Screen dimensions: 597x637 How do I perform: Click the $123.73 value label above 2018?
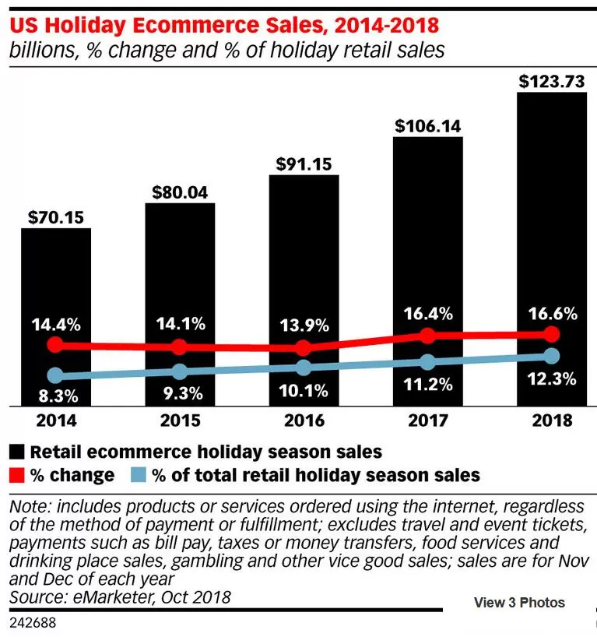coord(552,81)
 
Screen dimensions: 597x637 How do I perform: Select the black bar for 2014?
coord(56,317)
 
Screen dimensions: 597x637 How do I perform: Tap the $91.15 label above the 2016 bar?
coord(304,164)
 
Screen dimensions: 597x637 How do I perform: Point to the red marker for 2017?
coord(427,336)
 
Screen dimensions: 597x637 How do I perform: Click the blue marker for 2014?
coord(55,375)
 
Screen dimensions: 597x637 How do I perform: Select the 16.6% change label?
coord(553,314)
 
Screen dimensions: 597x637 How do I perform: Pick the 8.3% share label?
coord(58,396)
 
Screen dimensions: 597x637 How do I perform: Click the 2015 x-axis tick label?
coord(180,421)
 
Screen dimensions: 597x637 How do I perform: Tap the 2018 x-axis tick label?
coord(552,421)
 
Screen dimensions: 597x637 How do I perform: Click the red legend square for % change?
coord(16,475)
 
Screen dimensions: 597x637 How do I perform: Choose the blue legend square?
coord(139,475)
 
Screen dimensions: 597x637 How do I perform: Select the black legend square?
coord(16,452)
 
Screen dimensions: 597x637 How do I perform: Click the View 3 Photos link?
coord(519,603)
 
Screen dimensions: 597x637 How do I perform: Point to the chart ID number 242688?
coord(33,623)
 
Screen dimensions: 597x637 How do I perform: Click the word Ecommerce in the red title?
coord(195,25)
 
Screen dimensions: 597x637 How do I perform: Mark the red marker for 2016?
coord(303,348)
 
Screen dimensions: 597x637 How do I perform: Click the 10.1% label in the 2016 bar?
coord(304,391)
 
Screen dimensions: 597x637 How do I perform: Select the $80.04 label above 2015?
coord(180,192)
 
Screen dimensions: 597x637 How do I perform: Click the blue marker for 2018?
coord(552,356)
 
